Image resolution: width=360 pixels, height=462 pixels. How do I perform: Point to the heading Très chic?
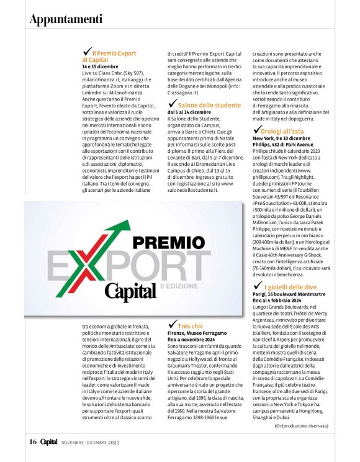click(x=190, y=325)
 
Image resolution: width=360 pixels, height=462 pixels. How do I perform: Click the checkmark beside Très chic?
click(x=171, y=324)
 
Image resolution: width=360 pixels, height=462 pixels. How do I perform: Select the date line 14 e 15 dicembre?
click(x=100, y=66)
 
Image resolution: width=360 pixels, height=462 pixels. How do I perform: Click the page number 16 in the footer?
click(x=32, y=442)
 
